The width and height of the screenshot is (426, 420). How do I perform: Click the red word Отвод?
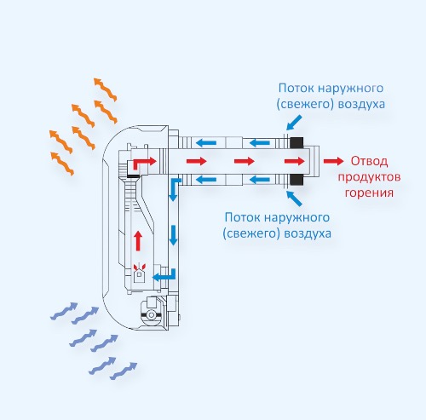click(x=369, y=161)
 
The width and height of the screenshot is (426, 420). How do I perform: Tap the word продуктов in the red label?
click(x=369, y=177)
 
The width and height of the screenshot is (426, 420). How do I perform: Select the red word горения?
click(x=369, y=193)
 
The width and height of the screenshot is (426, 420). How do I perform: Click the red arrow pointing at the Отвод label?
click(x=333, y=161)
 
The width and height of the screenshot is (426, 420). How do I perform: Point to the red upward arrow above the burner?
click(x=138, y=240)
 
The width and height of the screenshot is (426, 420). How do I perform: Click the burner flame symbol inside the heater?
click(x=139, y=267)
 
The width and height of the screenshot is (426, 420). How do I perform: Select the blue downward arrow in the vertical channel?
click(x=173, y=235)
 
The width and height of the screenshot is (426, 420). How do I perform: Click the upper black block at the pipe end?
click(x=296, y=142)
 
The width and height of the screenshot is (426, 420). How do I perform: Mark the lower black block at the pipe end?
click(x=296, y=180)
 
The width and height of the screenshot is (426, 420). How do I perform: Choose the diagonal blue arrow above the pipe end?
click(x=294, y=122)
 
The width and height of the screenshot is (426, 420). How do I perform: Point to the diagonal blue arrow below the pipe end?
click(x=294, y=198)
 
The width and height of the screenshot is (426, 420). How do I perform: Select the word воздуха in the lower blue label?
click(x=308, y=233)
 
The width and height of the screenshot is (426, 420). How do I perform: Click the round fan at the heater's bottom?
click(x=152, y=314)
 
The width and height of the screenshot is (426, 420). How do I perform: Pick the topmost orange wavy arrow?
click(x=105, y=89)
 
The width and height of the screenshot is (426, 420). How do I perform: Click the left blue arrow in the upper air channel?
click(x=206, y=142)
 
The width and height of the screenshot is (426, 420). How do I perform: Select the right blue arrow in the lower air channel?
click(x=259, y=180)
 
